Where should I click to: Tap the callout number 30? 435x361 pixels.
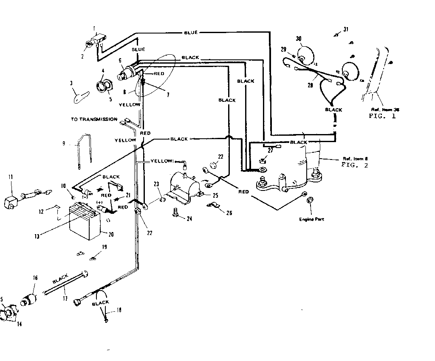pos(299,39)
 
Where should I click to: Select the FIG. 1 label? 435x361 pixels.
pos(382,116)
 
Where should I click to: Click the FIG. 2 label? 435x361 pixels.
pos(355,165)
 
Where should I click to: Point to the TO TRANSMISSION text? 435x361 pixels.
pos(94,119)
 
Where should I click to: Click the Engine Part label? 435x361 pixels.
pos(309,219)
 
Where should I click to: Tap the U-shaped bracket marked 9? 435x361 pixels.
pos(85,150)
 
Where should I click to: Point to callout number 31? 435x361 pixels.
pos(346,29)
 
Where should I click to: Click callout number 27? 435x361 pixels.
pos(270,150)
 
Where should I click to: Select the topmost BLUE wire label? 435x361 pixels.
pos(191,33)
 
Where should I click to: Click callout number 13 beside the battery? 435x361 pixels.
pos(37,236)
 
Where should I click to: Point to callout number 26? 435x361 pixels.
pos(229,213)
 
